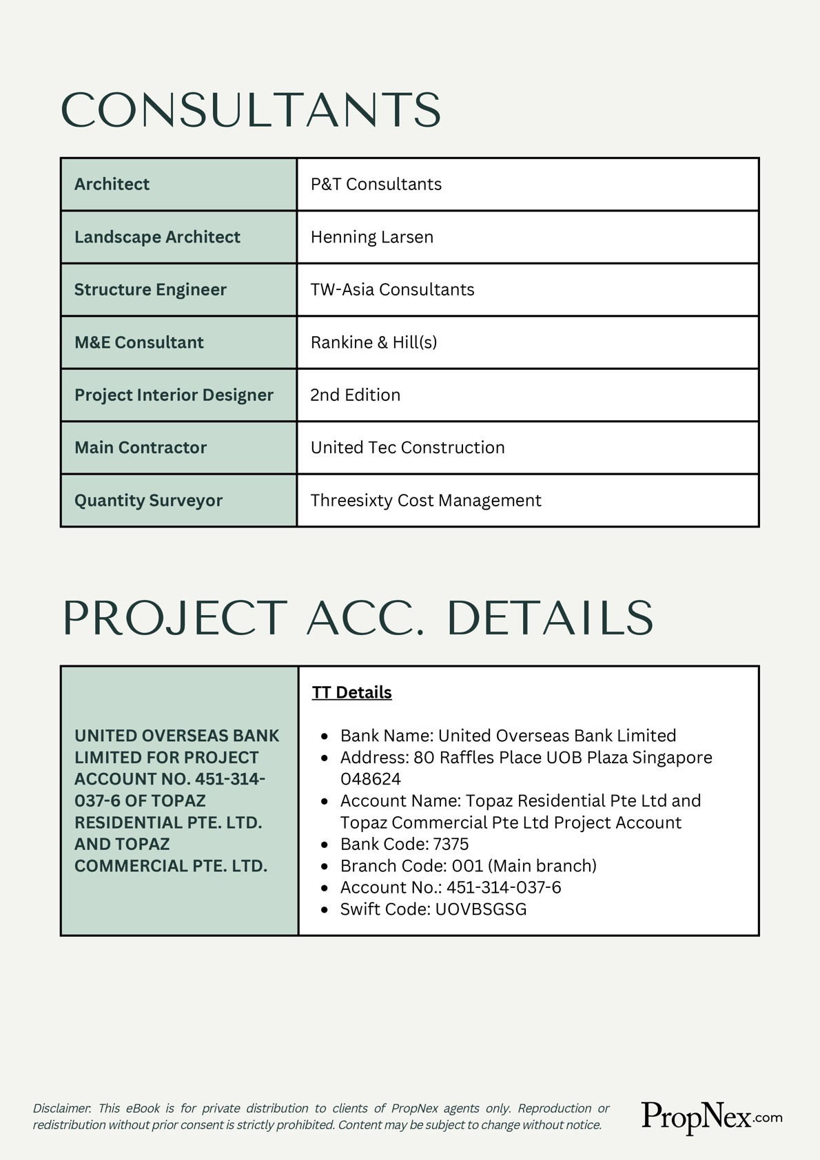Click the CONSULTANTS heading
(x=251, y=110)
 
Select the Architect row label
(x=112, y=184)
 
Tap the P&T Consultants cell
(x=376, y=184)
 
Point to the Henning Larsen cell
(x=371, y=237)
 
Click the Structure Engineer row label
(x=150, y=289)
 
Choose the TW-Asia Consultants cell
(x=392, y=289)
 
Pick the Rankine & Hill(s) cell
(x=373, y=342)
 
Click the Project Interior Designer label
(x=174, y=395)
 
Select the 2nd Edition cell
(x=355, y=395)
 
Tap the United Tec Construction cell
(x=407, y=448)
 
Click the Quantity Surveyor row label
(x=148, y=500)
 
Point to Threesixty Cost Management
(x=425, y=500)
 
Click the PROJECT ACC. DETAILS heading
(x=358, y=618)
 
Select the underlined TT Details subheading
(x=351, y=692)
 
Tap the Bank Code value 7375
(x=451, y=844)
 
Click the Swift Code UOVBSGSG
(x=480, y=909)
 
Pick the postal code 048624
(x=370, y=779)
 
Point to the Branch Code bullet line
(x=468, y=866)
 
